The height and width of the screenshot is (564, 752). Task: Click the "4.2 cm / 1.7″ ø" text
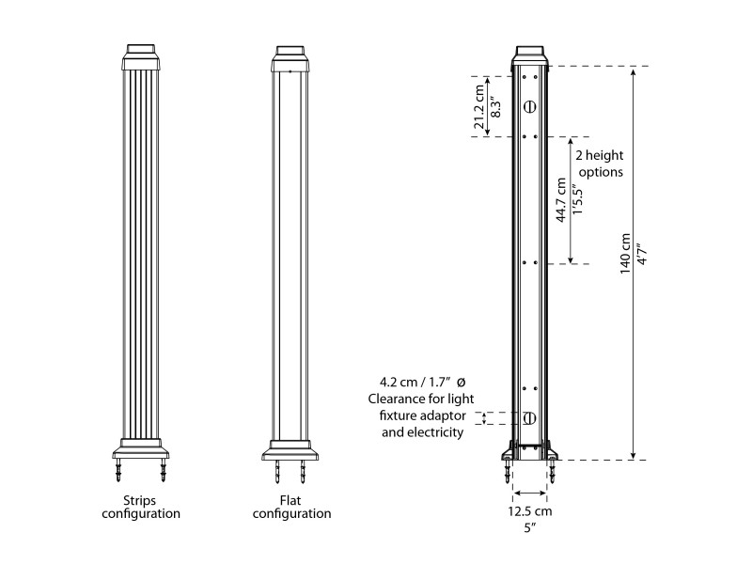click(x=423, y=383)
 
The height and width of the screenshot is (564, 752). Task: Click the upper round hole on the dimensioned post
click(x=529, y=106)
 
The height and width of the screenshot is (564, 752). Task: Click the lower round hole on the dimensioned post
click(x=529, y=418)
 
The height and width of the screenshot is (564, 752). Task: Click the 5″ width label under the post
click(x=530, y=528)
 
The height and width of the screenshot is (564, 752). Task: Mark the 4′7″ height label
click(x=641, y=255)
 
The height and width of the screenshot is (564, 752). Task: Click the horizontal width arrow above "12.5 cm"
click(x=530, y=493)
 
